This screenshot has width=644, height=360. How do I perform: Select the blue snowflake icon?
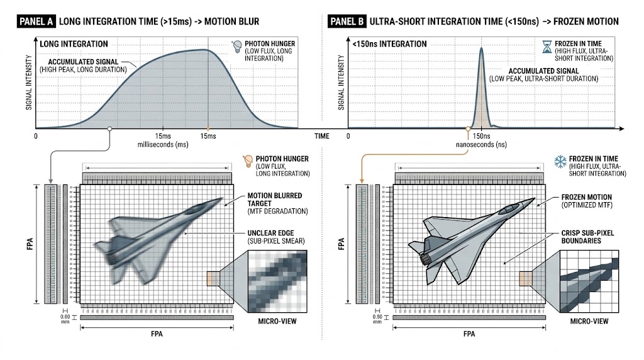[556, 162]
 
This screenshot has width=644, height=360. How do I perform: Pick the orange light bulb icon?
[248, 162]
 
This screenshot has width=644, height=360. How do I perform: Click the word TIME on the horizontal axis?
[322, 136]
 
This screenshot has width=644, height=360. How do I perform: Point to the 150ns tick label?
[481, 137]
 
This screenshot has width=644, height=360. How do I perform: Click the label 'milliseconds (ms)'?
[163, 145]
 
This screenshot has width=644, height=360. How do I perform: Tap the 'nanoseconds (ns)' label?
[480, 145]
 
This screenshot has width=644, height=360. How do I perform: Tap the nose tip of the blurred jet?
[223, 200]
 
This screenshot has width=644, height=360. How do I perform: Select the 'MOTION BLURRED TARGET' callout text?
[274, 200]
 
